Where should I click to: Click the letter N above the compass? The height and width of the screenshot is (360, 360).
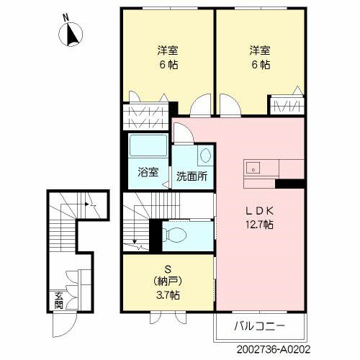point(66,16)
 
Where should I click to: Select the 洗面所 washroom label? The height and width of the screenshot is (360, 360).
point(192,176)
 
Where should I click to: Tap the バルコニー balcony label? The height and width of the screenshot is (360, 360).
point(260,326)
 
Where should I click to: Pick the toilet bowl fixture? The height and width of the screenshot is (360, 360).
point(175,233)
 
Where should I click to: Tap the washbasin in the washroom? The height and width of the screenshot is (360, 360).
point(204,155)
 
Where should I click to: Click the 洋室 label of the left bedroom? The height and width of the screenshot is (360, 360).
point(168,51)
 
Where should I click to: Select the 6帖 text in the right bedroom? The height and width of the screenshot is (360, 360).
point(261,64)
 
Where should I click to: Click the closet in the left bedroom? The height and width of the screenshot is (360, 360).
point(146,114)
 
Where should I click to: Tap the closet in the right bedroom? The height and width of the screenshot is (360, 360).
point(287,107)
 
